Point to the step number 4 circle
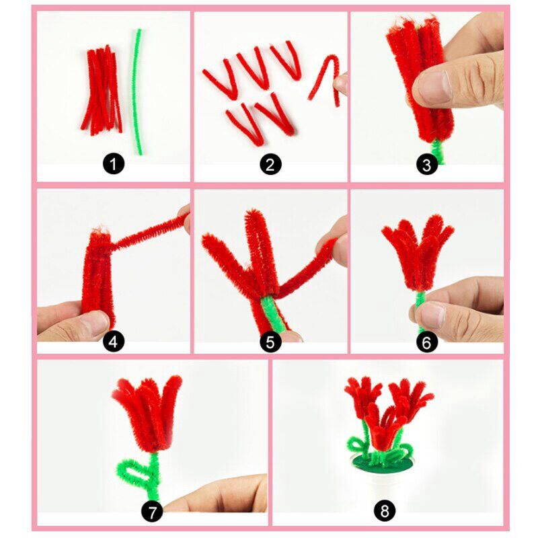(x=114, y=342)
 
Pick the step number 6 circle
(x=427, y=342)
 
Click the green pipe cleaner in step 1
(x=139, y=91)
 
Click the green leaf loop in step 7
(x=134, y=471)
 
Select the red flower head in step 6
(x=417, y=252)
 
